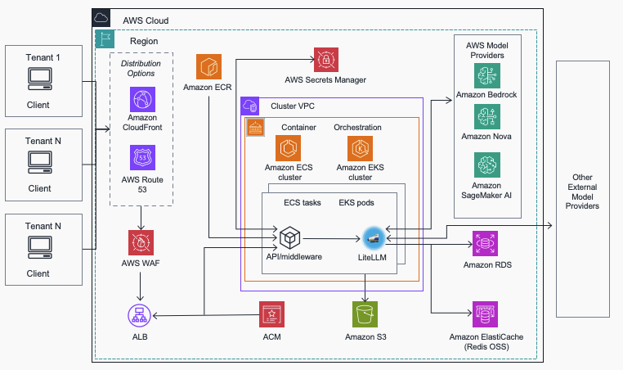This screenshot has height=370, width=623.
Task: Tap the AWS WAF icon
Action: click(x=141, y=243)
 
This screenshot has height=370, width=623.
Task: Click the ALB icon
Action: click(x=141, y=314)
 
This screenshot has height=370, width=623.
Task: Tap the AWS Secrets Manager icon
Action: click(x=325, y=60)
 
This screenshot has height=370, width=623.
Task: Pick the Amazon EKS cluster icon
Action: click(x=360, y=150)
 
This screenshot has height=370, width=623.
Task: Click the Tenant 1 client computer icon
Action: click(x=38, y=79)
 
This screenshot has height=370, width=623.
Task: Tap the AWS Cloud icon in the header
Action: click(x=101, y=17)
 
